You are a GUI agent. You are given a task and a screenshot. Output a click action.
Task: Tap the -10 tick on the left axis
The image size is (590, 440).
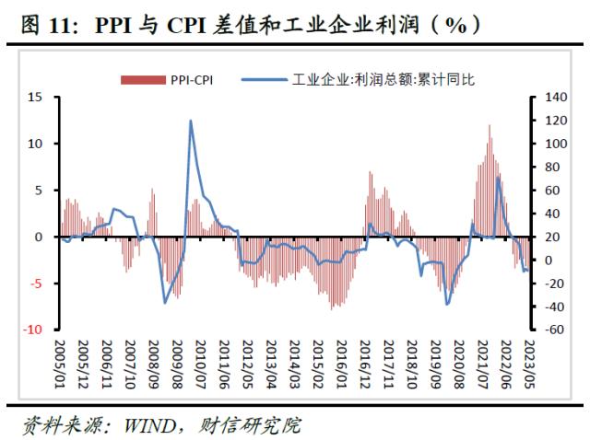coord(33,330)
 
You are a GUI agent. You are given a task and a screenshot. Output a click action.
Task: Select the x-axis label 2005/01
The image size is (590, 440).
coord(60,362)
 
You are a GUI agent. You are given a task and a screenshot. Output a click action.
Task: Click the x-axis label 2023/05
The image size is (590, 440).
coord(528,362)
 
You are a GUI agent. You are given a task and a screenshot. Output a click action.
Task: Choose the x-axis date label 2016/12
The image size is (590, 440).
coord(366,362)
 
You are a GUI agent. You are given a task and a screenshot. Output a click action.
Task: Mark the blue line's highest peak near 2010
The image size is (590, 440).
coord(190,121)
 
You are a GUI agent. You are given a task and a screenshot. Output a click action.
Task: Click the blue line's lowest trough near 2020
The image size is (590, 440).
coord(447,305)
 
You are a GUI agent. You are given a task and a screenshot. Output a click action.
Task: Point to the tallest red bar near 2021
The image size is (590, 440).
coord(490,126)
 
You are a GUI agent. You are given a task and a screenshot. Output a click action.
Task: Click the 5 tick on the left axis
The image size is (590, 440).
coord(38,191)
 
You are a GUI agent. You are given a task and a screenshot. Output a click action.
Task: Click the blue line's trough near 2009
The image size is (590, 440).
coord(165,302)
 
